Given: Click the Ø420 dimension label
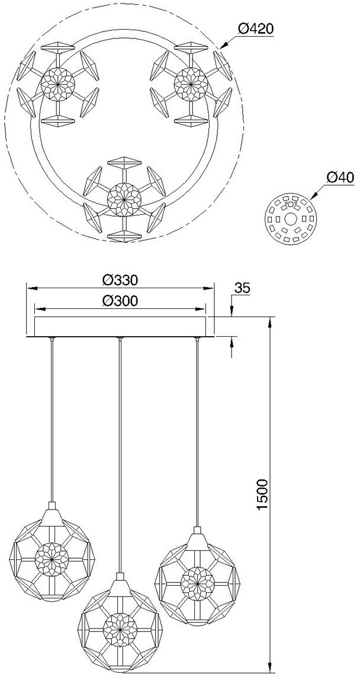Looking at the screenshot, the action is (256, 30).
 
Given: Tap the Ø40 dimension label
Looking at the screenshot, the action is (340, 178).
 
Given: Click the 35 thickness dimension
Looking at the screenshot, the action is (242, 288).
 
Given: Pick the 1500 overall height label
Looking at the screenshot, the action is (263, 495).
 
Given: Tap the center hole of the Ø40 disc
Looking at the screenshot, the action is (290, 220).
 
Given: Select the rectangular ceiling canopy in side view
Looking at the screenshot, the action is (120, 327).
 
